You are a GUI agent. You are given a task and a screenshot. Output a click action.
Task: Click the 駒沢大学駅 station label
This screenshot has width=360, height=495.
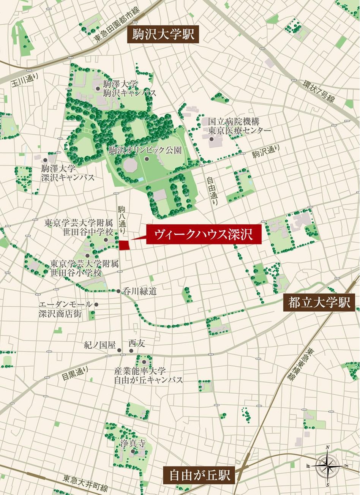click(x=163, y=35)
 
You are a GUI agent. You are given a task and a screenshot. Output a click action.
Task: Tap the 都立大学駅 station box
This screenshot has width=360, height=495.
click(x=319, y=303)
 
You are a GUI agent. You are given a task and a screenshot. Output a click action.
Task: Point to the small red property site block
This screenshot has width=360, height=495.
click(x=124, y=245)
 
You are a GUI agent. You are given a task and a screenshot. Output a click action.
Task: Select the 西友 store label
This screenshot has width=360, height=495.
click(x=137, y=343)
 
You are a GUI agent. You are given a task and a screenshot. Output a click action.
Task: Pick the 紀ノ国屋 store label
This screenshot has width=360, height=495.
click(x=99, y=345)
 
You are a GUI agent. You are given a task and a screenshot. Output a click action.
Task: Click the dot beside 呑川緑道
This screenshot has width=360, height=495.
click(x=118, y=292)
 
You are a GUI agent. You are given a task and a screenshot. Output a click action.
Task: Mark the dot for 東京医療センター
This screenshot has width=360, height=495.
click(x=211, y=139)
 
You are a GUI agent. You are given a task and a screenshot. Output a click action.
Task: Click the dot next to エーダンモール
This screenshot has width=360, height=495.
click(x=96, y=304)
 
